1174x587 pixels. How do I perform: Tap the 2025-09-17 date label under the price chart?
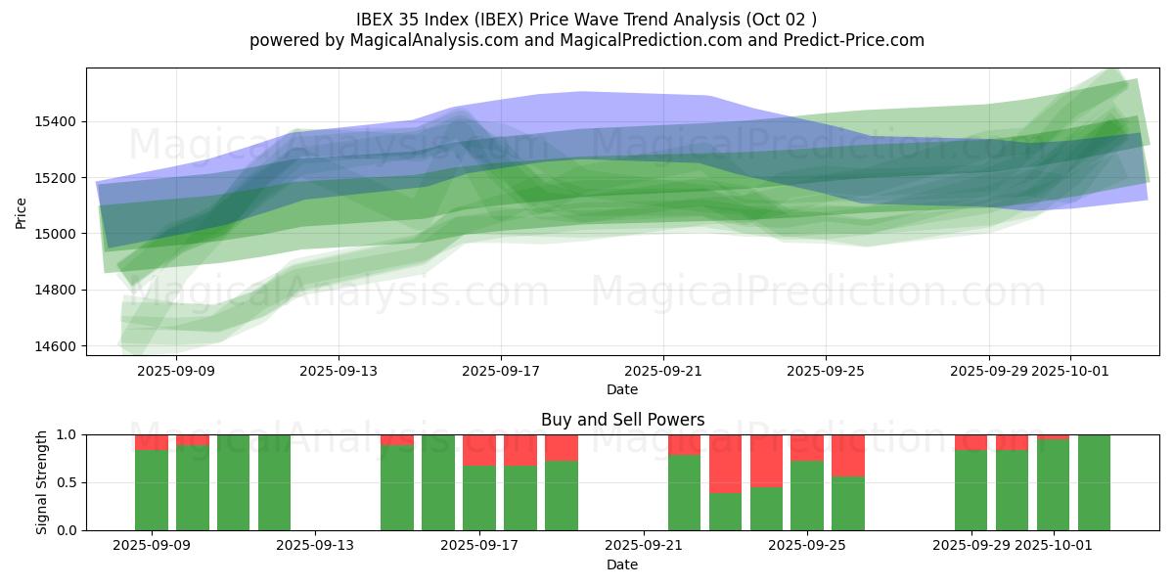tap(501, 371)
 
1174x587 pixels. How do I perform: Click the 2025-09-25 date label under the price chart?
tap(826, 371)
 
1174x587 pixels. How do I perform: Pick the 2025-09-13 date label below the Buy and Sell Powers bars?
tap(316, 546)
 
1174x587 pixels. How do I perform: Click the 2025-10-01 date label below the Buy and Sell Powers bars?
tap(1055, 546)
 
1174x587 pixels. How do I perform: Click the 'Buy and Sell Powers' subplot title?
tap(622, 420)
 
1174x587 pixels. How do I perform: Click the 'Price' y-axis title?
tap(22, 212)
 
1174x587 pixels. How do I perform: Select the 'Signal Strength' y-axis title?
tap(41, 482)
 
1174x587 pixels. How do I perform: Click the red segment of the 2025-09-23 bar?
tap(725, 463)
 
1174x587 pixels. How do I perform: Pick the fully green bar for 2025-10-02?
tap(1094, 482)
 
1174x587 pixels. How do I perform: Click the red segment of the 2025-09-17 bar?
tap(479, 450)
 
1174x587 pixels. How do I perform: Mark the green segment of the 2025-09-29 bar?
tap(971, 490)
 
